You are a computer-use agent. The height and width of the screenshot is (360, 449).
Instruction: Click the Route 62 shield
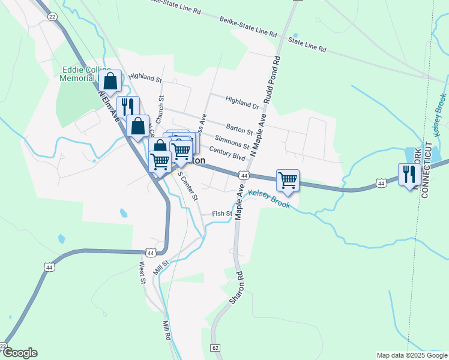(x=215, y=348)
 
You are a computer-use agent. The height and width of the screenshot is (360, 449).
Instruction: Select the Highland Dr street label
(x=242, y=102)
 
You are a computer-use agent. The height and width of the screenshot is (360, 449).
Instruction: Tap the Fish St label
(x=222, y=214)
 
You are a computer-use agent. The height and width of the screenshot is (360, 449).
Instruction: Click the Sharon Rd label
(x=235, y=289)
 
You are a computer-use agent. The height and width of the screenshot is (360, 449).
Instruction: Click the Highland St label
(x=145, y=77)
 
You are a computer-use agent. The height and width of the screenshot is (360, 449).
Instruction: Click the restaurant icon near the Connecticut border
(x=408, y=173)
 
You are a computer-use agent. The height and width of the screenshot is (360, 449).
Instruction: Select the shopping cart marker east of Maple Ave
(x=288, y=179)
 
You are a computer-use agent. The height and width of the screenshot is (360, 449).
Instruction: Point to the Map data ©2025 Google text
(x=411, y=355)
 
